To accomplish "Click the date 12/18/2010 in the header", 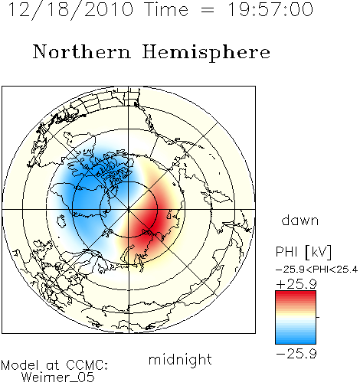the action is [x=70, y=10].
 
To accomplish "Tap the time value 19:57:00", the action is [x=270, y=9].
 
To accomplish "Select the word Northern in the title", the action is [x=82, y=52].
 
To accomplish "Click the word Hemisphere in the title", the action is [x=206, y=53].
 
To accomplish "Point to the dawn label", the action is [x=300, y=220].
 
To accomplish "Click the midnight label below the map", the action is [x=180, y=359].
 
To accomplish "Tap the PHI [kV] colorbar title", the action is [x=304, y=252].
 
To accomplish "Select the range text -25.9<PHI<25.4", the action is [x=317, y=270].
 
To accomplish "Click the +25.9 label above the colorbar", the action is [x=296, y=284].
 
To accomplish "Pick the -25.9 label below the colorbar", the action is [x=296, y=354].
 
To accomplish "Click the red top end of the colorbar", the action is [x=296, y=293].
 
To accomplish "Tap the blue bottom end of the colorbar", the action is [x=296, y=342].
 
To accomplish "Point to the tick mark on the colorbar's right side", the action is [x=318, y=317].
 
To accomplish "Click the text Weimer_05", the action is [x=57, y=378].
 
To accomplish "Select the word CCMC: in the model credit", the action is [x=87, y=365].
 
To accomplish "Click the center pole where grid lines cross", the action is [x=129, y=210].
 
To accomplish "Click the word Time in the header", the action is [x=166, y=9].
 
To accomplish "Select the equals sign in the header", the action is [x=208, y=10].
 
